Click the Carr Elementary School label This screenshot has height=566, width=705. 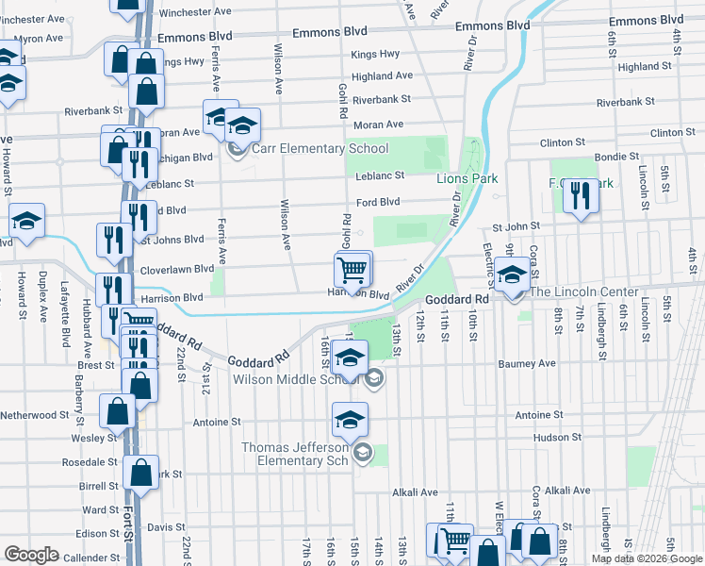[x=320, y=148]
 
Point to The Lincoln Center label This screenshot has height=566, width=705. [x=584, y=291]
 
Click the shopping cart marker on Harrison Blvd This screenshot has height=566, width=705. [x=352, y=272]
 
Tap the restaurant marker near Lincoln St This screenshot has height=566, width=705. [x=579, y=197]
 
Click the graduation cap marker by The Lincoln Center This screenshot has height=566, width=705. [x=512, y=276]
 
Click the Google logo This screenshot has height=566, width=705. [x=32, y=555]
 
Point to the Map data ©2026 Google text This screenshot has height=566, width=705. [x=647, y=558]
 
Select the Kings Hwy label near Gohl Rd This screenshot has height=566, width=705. [x=375, y=55]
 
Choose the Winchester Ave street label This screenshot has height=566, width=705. [x=195, y=13]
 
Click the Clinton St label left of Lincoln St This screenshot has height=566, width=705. [x=564, y=142]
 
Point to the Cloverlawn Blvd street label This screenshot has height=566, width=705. [x=178, y=269]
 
